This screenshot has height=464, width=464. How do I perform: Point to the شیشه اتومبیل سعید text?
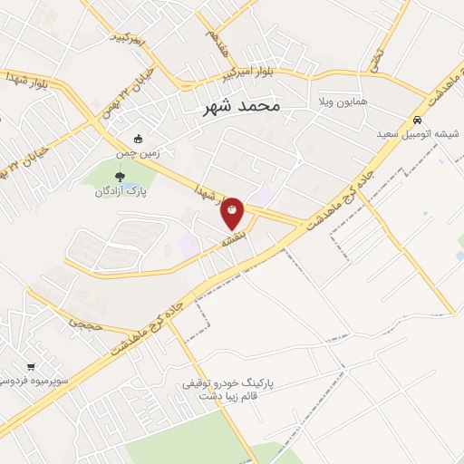coord(420,133)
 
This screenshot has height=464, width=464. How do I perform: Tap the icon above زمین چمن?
coord(138,139)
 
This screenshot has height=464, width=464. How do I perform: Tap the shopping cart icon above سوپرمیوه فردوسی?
coord(31,366)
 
